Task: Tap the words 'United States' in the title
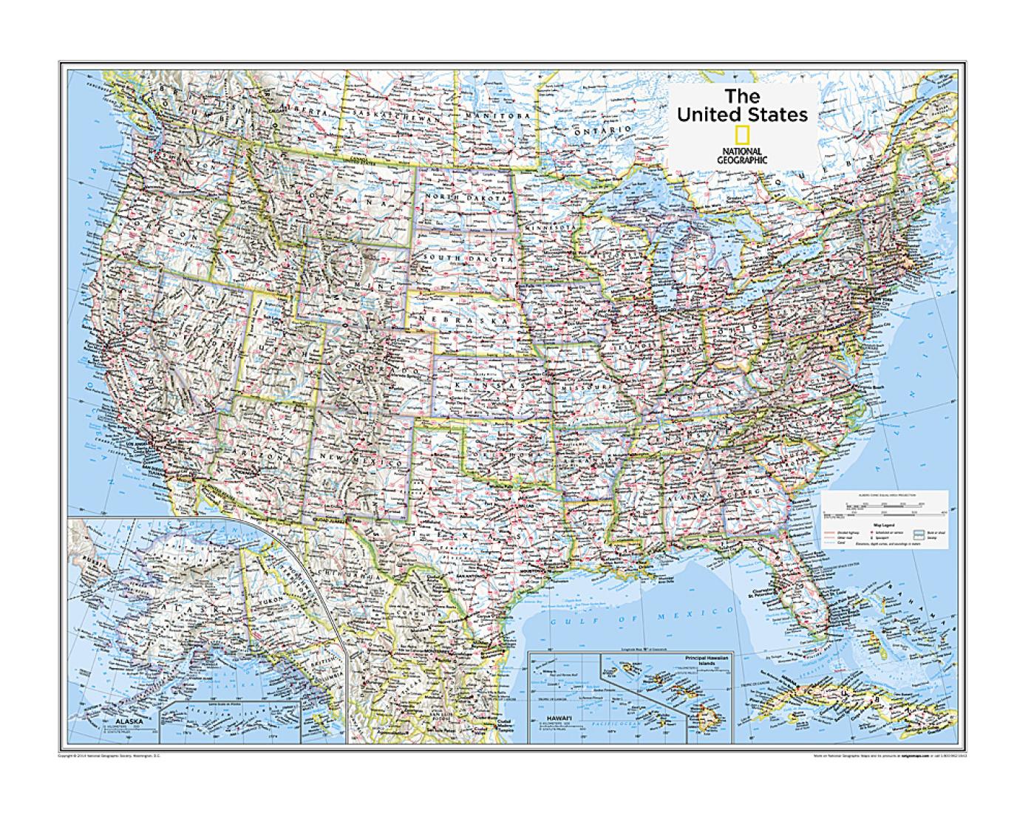(742, 115)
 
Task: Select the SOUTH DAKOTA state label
(465, 258)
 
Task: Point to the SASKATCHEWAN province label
(397, 115)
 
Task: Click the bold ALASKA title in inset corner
(120, 716)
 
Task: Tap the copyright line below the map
(107, 756)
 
